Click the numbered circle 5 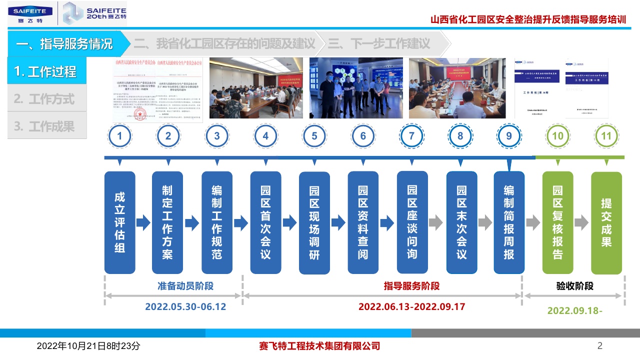point(314,135)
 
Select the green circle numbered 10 point(558,135)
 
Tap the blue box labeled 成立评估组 point(119,222)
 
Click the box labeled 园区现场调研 point(314,222)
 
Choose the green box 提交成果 point(606,222)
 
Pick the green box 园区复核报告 point(557,222)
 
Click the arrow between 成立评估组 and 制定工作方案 point(143,222)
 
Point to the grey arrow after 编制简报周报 point(533,222)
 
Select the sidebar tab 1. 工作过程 point(46,71)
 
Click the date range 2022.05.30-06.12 point(185,306)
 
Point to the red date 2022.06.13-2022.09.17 point(411,306)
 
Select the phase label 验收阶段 point(574,286)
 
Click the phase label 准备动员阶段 point(185,286)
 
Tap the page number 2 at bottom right point(600,345)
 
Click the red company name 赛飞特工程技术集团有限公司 point(320,346)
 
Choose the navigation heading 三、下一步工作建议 point(378,43)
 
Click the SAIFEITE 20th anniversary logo point(95,13)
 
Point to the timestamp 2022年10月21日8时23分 point(88,346)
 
